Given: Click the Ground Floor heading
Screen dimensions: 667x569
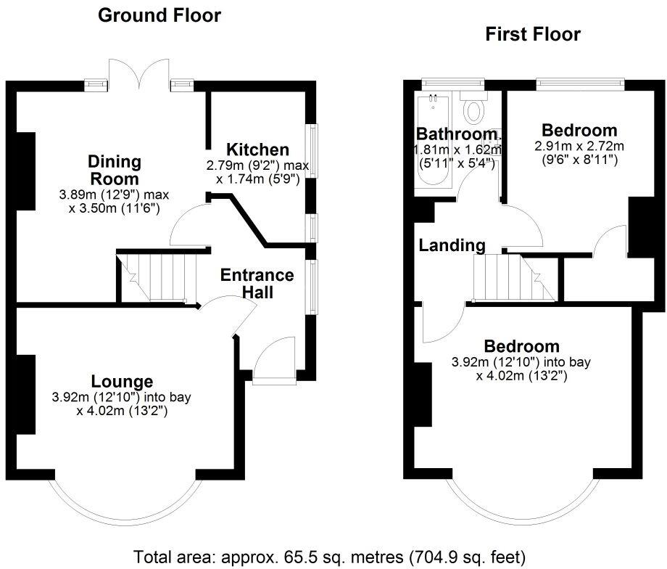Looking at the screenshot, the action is (159, 15).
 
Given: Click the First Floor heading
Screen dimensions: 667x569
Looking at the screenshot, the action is (533, 33).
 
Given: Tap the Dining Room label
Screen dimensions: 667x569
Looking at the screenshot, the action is (115, 170).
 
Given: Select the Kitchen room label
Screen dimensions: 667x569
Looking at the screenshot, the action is (258, 150).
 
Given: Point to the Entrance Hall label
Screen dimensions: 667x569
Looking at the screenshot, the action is (257, 284).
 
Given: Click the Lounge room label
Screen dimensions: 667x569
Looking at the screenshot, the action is (122, 381).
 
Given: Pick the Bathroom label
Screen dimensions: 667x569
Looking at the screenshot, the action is (455, 134).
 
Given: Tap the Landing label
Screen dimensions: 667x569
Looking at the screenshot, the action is (452, 245).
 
